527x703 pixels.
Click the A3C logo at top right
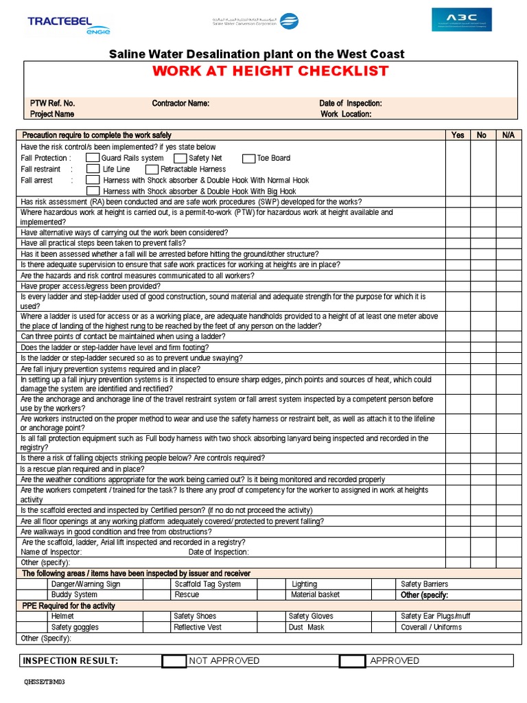click(461, 19)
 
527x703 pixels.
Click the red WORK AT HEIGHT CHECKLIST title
click(270, 71)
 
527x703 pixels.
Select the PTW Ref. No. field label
click(52, 103)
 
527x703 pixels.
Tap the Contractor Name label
click(180, 103)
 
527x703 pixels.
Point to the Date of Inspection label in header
click(350, 103)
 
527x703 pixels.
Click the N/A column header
click(508, 135)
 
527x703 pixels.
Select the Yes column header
click(458, 135)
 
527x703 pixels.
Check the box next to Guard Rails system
click(93, 158)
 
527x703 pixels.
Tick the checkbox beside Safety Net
click(180, 158)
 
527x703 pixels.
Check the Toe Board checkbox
click(248, 158)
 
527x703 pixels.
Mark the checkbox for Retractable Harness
click(152, 169)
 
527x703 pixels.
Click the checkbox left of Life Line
click(93, 169)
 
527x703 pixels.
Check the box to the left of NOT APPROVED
click(174, 661)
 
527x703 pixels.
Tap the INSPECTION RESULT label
click(71, 661)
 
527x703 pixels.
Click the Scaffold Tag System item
click(207, 584)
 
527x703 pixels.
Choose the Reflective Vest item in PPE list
click(198, 627)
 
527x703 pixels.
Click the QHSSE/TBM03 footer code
click(45, 682)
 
